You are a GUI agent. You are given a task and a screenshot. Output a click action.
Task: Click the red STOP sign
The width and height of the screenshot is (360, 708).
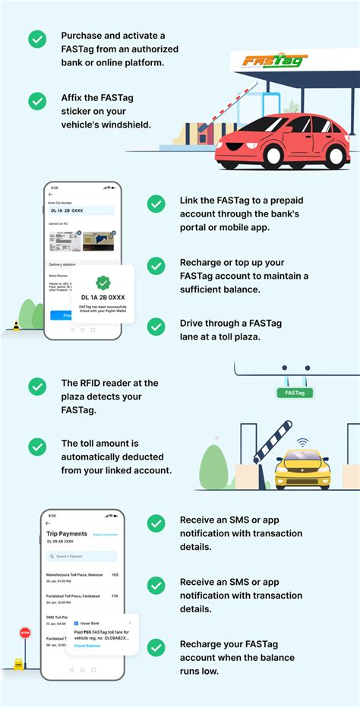pyautogui.click(x=25, y=632)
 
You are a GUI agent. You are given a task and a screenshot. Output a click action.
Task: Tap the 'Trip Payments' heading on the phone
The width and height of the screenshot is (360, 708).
pyautogui.click(x=67, y=533)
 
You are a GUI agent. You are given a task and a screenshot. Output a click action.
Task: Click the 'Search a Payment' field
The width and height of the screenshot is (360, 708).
pyautogui.click(x=82, y=556)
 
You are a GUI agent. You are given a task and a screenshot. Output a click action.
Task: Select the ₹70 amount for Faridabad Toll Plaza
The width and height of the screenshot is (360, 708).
pyautogui.click(x=114, y=596)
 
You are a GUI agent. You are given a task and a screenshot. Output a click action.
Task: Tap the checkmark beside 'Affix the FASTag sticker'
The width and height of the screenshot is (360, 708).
pyautogui.click(x=36, y=101)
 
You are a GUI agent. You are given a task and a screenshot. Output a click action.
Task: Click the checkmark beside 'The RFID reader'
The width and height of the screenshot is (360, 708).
pyautogui.click(x=36, y=386)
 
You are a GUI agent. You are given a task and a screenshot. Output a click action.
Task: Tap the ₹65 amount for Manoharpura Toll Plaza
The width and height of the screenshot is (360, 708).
pyautogui.click(x=114, y=575)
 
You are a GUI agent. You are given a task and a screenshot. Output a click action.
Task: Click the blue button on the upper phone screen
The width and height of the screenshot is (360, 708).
pyautogui.click(x=57, y=314)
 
